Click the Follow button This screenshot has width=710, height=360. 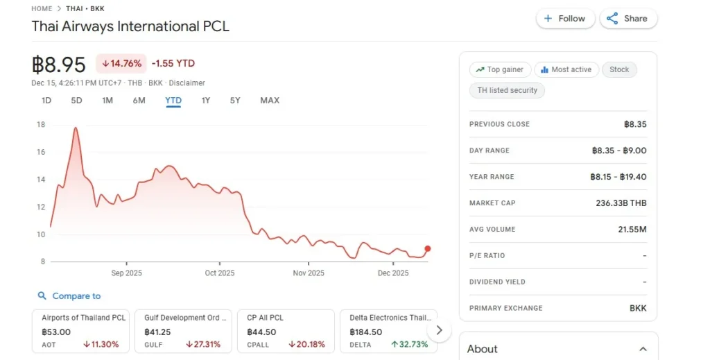(565, 19)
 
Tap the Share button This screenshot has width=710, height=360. (627, 19)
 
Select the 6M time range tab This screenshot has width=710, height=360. (139, 101)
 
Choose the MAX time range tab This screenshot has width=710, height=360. (270, 101)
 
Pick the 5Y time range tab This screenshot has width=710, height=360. (235, 101)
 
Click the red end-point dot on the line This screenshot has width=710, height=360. (427, 248)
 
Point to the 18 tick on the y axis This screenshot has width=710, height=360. (41, 125)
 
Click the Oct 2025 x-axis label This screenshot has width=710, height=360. (220, 273)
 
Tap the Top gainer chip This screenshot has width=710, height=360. (500, 69)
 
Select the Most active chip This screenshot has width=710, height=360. (566, 69)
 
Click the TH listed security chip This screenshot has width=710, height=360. (508, 90)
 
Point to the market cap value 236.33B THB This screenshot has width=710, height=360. (619, 203)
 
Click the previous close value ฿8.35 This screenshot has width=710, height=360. (635, 124)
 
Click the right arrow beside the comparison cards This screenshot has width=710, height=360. (440, 330)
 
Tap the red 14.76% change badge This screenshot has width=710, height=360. (121, 64)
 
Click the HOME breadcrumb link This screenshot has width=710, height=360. (42, 8)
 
